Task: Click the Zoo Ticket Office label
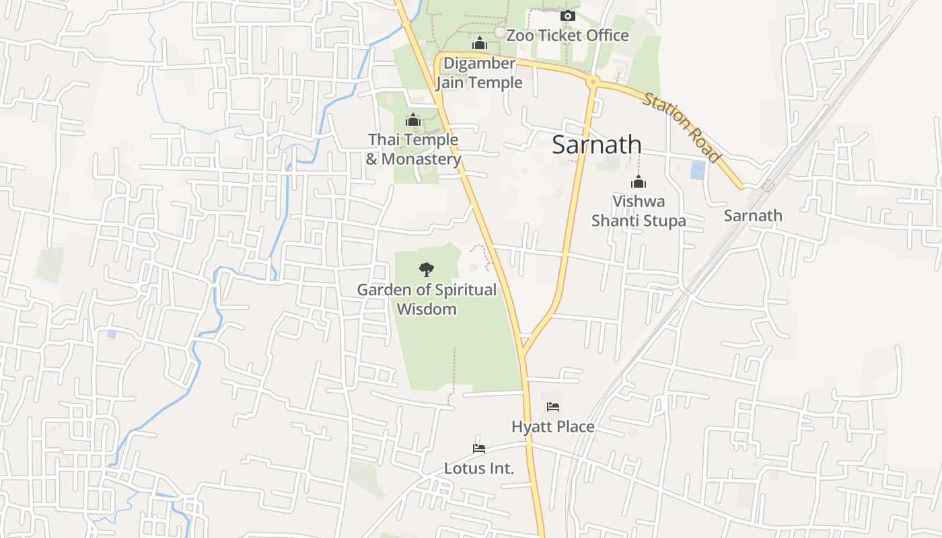tap(567, 35)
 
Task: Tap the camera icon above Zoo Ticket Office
tap(567, 15)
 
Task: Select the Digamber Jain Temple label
tap(479, 73)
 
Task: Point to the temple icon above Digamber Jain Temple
tap(480, 44)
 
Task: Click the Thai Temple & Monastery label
tap(413, 149)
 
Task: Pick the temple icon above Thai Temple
tap(413, 120)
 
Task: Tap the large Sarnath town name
tap(597, 145)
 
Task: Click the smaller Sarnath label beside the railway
tap(753, 216)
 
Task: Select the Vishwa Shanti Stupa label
tap(639, 210)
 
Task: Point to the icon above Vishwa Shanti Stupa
tap(639, 182)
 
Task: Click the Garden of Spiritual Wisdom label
tap(427, 299)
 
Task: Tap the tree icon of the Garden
tap(426, 270)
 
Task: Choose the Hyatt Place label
tap(553, 426)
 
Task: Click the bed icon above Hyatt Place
tap(553, 407)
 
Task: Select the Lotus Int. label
tap(479, 468)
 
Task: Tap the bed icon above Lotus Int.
tap(479, 449)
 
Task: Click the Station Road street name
tap(682, 128)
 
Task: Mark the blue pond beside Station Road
tap(698, 170)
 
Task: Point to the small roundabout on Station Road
tap(593, 82)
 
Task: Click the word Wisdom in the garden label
tap(427, 309)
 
